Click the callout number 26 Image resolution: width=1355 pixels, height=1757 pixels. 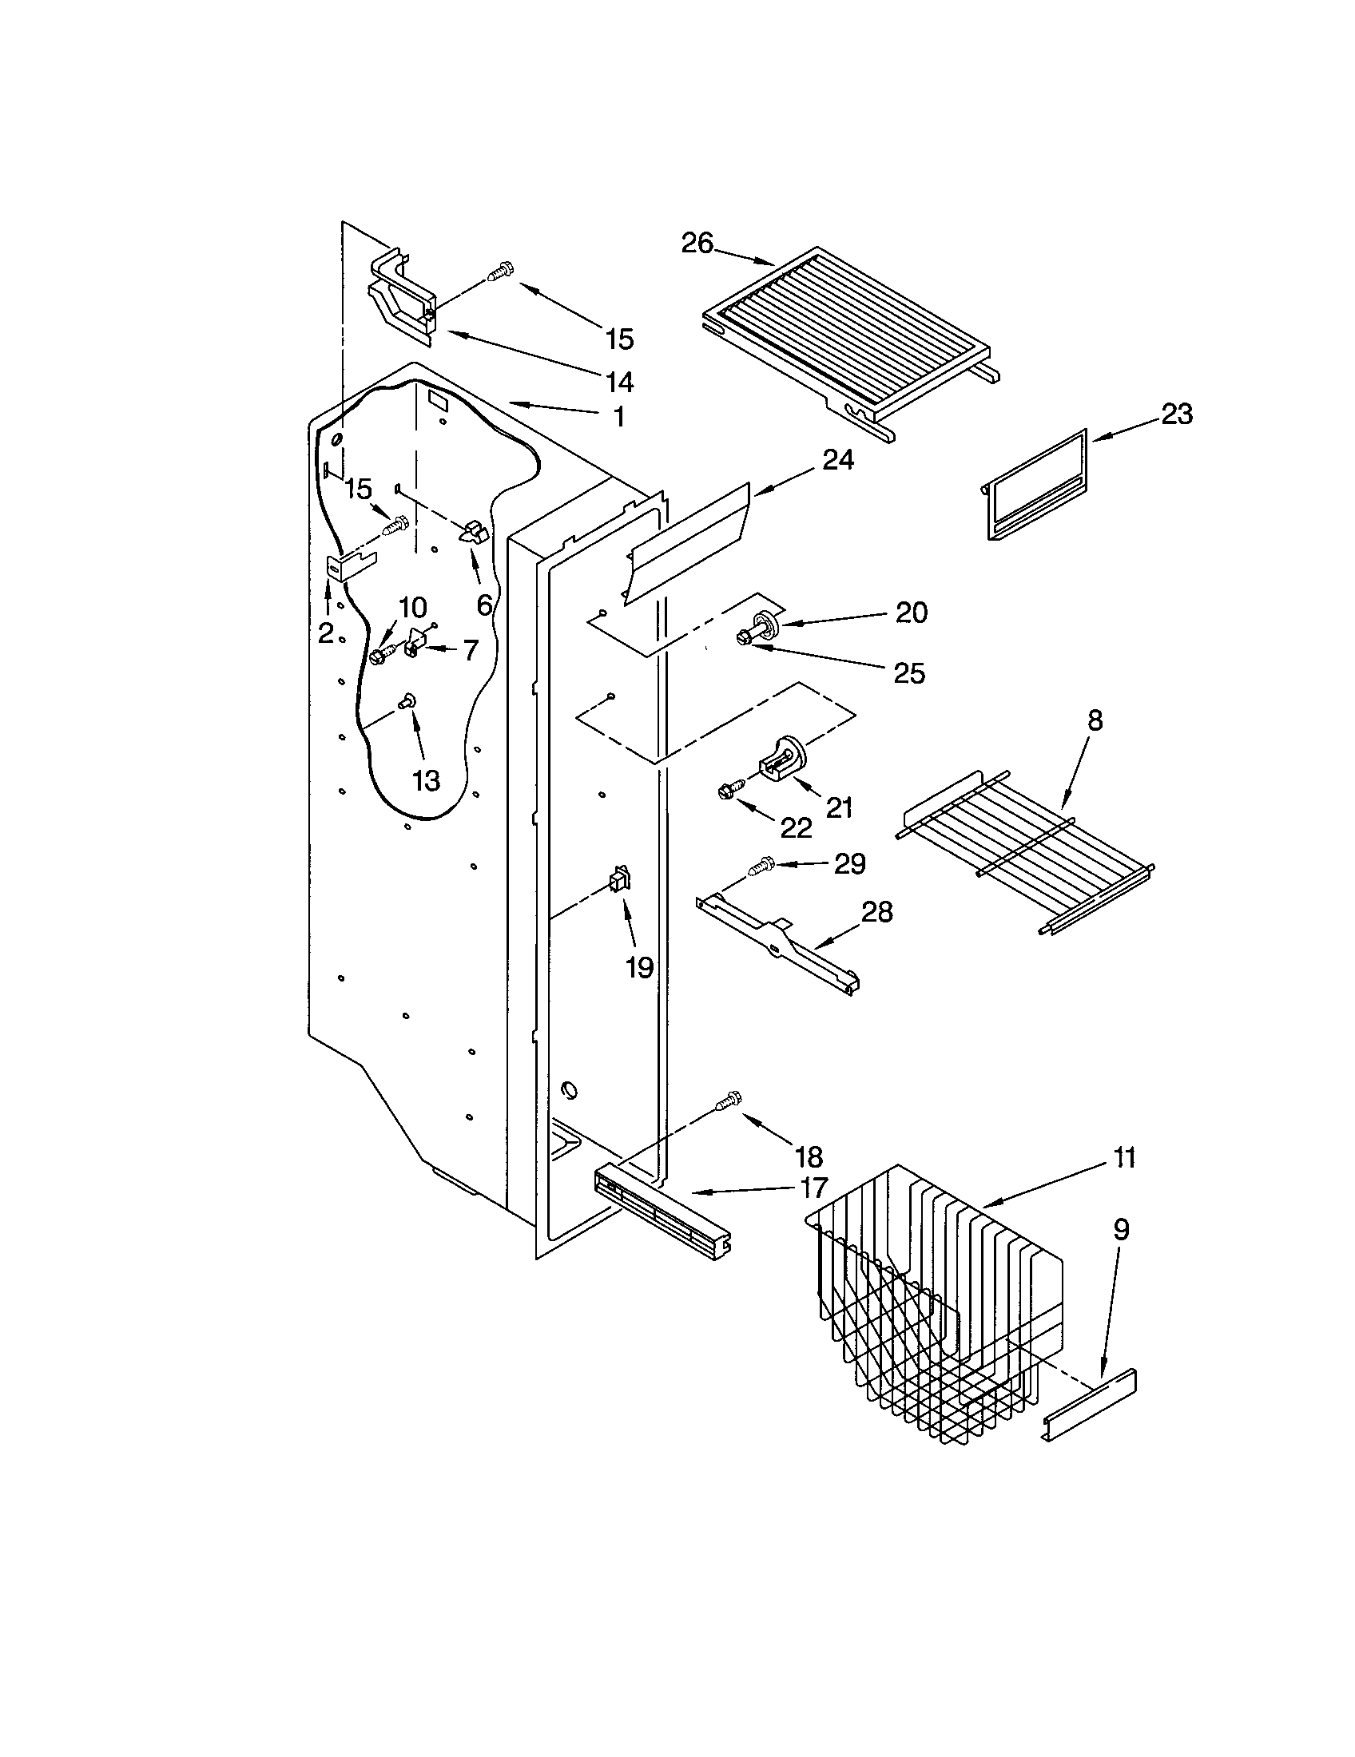[697, 242]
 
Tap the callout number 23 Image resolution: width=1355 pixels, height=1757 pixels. [1175, 414]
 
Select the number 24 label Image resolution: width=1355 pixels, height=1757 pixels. [837, 459]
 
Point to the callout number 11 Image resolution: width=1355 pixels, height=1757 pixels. [1124, 1158]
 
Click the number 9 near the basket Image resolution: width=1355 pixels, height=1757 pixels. [1121, 1229]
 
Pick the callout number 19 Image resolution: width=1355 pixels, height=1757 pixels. [639, 968]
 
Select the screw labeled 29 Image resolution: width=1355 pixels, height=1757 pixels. [761, 867]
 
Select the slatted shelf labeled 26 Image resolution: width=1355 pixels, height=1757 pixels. [844, 338]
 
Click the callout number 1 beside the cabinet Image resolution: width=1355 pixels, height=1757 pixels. [618, 417]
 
